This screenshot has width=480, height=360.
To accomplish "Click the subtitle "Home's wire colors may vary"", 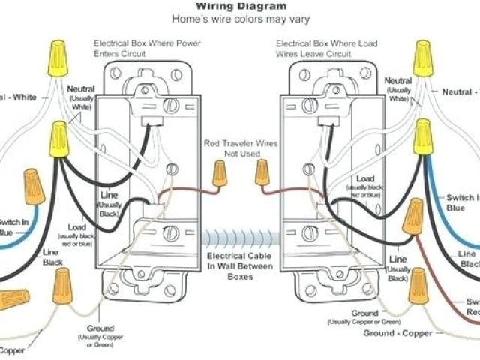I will point(240,19).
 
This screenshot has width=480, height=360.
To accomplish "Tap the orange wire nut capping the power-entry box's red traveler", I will point(219,175).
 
